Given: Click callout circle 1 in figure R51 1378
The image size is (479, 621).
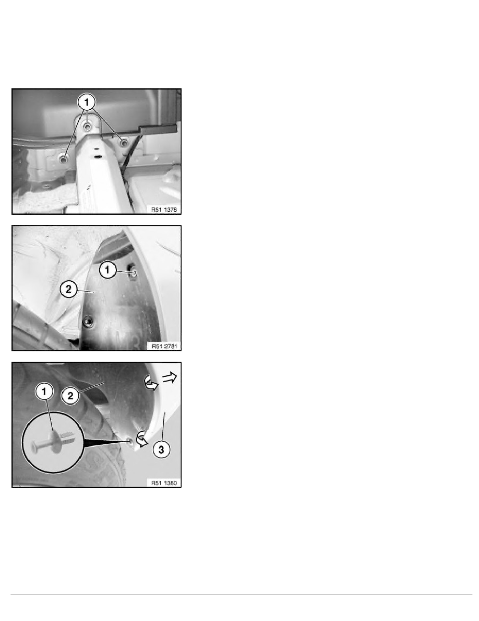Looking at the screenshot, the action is tap(87, 102).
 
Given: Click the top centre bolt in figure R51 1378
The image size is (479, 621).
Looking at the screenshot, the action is tap(87, 126).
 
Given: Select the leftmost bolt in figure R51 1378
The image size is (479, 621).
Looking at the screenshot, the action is tap(63, 159).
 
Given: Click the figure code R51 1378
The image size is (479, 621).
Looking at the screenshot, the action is tap(164, 210).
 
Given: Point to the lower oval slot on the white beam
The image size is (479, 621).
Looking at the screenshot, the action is tap(95, 157).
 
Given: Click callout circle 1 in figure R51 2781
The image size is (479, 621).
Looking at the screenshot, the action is tap(107, 270).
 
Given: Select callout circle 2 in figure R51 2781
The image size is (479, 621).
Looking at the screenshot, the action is tap(68, 289).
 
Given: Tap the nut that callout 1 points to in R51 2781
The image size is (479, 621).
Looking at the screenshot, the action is tap(133, 272).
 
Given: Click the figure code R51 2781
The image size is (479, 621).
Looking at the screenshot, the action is tap(164, 346).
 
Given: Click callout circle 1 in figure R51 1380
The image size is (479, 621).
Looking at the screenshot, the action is tap(44, 392).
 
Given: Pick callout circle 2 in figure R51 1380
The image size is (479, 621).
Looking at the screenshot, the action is tap(70, 396).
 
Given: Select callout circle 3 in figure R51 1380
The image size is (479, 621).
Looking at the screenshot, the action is tap(161, 450).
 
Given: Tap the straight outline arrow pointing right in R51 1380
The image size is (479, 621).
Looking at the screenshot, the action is tap(170, 378).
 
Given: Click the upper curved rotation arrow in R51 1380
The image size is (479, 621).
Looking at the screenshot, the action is tap(151, 383).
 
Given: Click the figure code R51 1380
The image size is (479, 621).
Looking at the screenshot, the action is tap(164, 483).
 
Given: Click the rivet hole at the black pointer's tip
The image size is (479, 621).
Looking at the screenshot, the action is tap(129, 441).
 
